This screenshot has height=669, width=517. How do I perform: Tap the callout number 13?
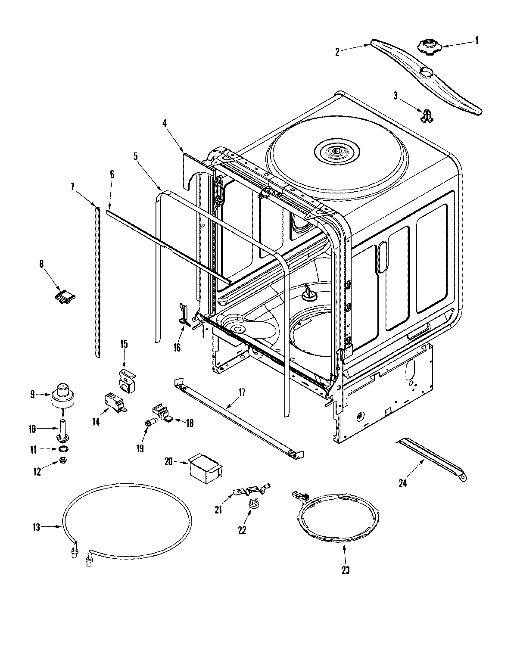(x=36, y=527)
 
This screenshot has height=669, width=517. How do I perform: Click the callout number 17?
(x=242, y=392)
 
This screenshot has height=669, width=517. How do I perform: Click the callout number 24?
(x=402, y=483)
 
